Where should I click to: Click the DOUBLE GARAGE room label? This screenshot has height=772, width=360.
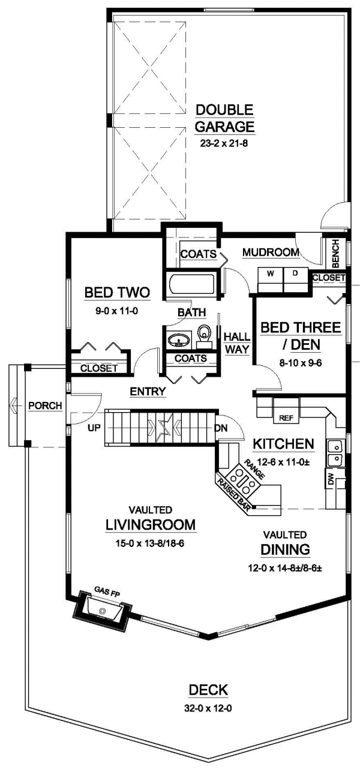pyautogui.click(x=226, y=118)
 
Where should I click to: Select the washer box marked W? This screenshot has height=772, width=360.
pyautogui.click(x=270, y=274)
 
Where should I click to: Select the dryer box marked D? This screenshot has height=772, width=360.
pyautogui.click(x=295, y=274)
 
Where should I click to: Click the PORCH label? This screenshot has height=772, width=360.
pyautogui.click(x=45, y=406)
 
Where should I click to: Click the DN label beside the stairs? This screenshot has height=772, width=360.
pyautogui.click(x=221, y=429)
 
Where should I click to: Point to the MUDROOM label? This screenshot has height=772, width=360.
pyautogui.click(x=271, y=253)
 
